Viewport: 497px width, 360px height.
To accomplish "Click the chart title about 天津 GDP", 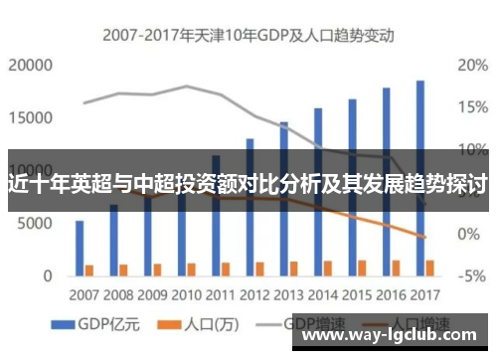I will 249,36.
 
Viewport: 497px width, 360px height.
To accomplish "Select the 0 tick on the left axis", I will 46,275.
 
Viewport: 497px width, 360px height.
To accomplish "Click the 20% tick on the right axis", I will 471,66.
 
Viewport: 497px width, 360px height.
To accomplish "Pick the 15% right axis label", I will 471,107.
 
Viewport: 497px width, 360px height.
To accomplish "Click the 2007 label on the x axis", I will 84,295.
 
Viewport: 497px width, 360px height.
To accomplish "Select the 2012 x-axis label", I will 253,295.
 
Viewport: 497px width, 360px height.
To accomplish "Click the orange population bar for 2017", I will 430,267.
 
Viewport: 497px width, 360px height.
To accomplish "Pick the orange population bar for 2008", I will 124,269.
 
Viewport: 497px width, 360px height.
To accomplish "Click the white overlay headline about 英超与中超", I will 248,185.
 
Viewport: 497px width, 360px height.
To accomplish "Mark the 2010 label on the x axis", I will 186,295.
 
